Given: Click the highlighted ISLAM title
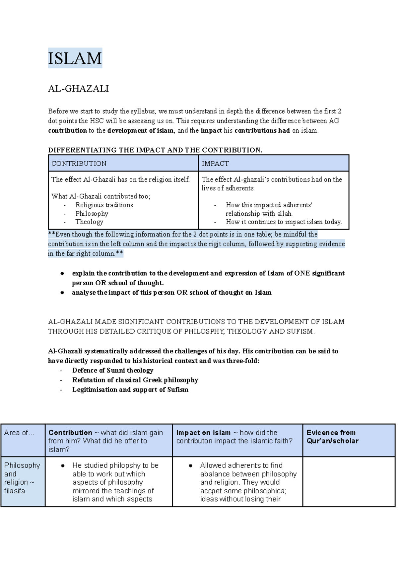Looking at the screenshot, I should (75, 58).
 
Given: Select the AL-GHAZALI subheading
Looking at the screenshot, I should (78, 89).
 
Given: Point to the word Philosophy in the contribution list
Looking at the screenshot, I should (92, 213).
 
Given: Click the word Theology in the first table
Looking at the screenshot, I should (89, 222).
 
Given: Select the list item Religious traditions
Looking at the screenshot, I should (104, 205).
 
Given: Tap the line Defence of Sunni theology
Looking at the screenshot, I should (113, 370).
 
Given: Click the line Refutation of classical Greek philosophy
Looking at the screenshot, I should (135, 380).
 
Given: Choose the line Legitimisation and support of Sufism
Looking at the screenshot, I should (130, 389).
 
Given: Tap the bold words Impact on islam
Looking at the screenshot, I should (203, 433).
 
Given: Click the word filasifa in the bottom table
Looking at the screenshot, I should (15, 491).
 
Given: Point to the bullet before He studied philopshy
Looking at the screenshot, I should (63, 466).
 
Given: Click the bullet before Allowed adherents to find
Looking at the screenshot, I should (191, 466).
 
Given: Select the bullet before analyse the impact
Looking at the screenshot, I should (62, 293).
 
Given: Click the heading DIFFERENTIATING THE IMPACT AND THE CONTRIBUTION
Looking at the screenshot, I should (155, 150).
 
